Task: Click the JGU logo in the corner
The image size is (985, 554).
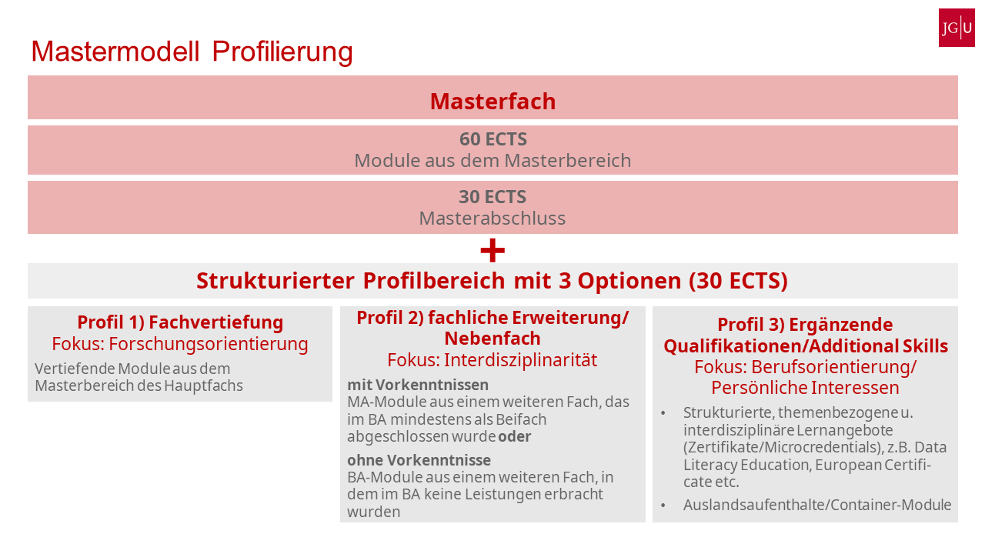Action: [957, 28]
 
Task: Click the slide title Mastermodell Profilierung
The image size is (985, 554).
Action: [192, 52]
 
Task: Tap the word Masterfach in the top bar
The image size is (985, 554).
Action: [492, 102]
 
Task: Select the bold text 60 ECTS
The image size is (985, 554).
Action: [492, 139]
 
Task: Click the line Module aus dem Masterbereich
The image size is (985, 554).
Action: [492, 161]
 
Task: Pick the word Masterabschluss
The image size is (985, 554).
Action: [492, 219]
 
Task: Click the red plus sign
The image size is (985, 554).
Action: [492, 250]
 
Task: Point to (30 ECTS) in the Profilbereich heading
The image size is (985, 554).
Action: [738, 281]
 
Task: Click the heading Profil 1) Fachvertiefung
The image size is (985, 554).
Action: [180, 322]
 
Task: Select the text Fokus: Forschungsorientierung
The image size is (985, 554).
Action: [180, 343]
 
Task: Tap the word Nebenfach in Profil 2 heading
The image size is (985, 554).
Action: [492, 338]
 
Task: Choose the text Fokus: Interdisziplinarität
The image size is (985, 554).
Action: [492, 360]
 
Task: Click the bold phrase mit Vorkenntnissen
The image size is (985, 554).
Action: [418, 385]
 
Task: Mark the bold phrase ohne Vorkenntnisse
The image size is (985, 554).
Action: [419, 460]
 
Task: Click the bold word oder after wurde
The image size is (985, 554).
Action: [515, 436]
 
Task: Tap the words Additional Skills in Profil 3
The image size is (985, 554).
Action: [886, 346]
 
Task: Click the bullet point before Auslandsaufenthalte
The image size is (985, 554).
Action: [663, 506]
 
